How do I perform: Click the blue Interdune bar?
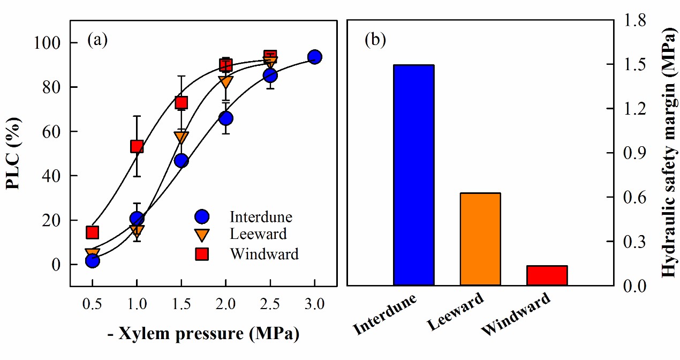pyautogui.click(x=413, y=175)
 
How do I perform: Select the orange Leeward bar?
pyautogui.click(x=480, y=238)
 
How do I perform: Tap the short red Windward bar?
pyautogui.click(x=546, y=275)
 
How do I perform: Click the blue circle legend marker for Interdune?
pyautogui.click(x=202, y=217)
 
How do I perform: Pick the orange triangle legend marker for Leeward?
pyautogui.click(x=202, y=235)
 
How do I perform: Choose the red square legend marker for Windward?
pyautogui.click(x=202, y=253)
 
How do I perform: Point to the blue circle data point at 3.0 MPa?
pyautogui.click(x=315, y=57)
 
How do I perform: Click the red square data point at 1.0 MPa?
pyautogui.click(x=137, y=146)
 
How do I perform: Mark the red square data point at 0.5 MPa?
pyautogui.click(x=92, y=232)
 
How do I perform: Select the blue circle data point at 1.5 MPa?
pyautogui.click(x=181, y=161)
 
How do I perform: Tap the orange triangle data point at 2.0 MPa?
pyautogui.click(x=225, y=82)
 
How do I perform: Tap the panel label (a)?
pyautogui.click(x=98, y=40)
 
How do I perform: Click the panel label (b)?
pyautogui.click(x=375, y=40)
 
